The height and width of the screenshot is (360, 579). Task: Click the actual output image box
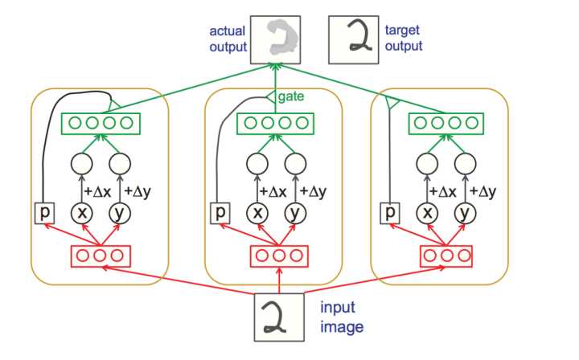pos(276,40)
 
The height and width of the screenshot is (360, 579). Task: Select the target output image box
pos(353,40)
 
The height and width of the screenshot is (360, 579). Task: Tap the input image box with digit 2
pos(279,317)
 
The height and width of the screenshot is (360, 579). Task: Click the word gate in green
pos(291,96)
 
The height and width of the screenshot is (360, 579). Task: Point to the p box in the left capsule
pos(45,213)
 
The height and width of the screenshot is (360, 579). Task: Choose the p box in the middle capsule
pos(220,213)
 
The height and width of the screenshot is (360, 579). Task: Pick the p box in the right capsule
pos(390,213)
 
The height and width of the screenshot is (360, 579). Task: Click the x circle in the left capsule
pos(82,213)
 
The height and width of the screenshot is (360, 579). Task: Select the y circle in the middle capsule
pos(295,213)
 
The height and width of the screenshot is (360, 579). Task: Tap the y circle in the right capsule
pos(465,213)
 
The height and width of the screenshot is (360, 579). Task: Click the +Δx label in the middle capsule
pos(273,191)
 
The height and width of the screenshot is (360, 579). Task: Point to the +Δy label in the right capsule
pos(482,192)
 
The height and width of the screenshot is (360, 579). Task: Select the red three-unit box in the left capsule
pos(100,256)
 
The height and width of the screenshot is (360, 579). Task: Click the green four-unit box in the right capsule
pos(446,124)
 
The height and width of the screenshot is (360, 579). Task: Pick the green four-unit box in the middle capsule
pos(275,124)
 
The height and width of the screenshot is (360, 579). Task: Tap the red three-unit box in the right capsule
pos(446,256)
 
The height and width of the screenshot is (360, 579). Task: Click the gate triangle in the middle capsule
pos(271,97)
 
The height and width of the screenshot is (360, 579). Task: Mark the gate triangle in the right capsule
pos(392,102)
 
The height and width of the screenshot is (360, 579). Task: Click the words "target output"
pos(404,39)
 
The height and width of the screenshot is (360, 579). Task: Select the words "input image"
pos(342,317)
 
